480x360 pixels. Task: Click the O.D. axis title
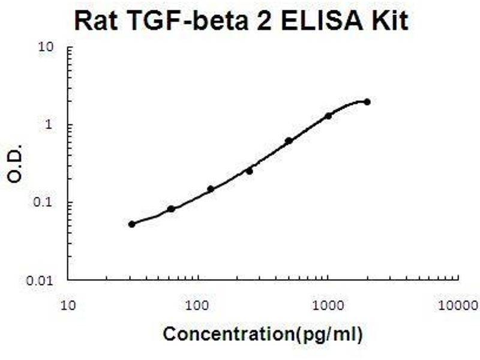(x=17, y=163)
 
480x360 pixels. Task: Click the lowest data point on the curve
(x=132, y=224)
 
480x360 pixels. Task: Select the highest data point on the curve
(x=367, y=102)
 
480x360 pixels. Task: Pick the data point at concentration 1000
(x=328, y=116)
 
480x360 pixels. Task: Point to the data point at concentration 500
(x=289, y=141)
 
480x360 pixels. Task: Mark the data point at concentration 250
(x=250, y=171)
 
